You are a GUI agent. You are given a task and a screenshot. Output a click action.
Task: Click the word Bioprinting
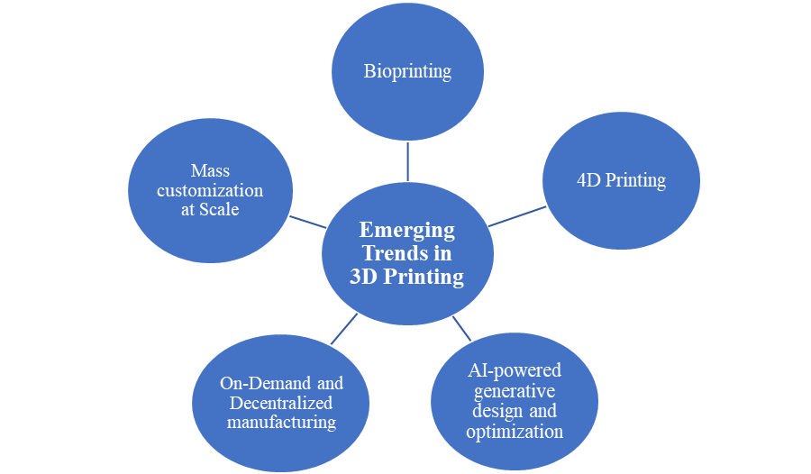tap(407, 71)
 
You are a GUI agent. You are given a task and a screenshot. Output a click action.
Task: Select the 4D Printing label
tap(621, 179)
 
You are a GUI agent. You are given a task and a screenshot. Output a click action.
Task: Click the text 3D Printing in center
tap(406, 277)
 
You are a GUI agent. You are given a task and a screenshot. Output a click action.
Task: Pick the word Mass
tap(210, 170)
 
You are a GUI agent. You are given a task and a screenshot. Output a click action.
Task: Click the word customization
tap(210, 190)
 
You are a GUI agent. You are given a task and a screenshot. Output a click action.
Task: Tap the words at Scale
tap(210, 209)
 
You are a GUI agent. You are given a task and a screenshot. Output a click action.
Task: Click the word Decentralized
tap(281, 403)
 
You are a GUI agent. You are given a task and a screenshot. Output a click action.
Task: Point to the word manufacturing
tap(281, 422)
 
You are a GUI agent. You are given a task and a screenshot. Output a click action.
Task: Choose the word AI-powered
tap(515, 370)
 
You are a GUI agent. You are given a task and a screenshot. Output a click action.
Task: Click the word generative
tap(515, 391)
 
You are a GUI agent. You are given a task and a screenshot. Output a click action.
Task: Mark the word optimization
tap(515, 432)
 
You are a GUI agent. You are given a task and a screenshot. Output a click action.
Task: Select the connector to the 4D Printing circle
tap(517, 216)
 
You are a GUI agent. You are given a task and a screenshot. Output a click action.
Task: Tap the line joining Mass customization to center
tap(308, 221)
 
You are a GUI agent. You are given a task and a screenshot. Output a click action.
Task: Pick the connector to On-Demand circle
tap(343, 329)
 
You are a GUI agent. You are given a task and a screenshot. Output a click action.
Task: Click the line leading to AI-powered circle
tap(461, 328)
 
